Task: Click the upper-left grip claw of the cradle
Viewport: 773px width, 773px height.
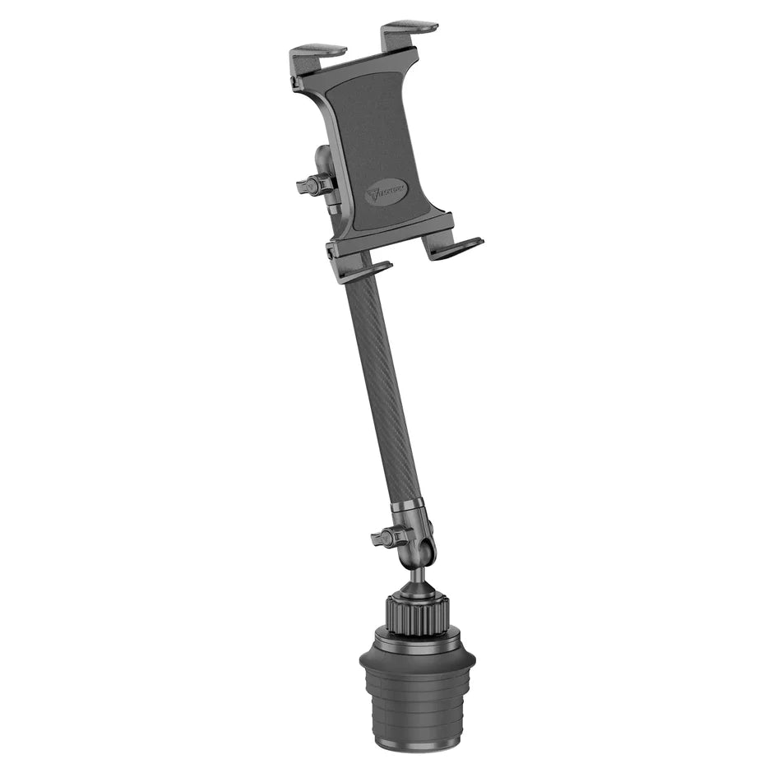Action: [317, 54]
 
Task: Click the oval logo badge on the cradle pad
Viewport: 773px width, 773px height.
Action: [386, 195]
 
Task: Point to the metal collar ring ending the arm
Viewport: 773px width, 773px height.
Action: [407, 504]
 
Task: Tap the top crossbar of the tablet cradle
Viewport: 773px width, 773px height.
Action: [354, 66]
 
